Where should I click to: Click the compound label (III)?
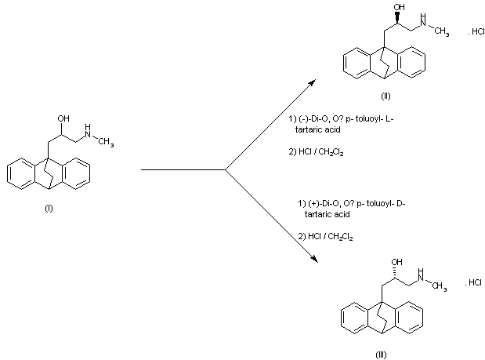pos(381,355)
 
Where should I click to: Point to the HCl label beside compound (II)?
pos(476,32)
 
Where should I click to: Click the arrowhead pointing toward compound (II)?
pos(313,82)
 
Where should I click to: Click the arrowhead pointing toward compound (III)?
pos(314,259)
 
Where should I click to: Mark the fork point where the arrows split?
pos(226,169)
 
